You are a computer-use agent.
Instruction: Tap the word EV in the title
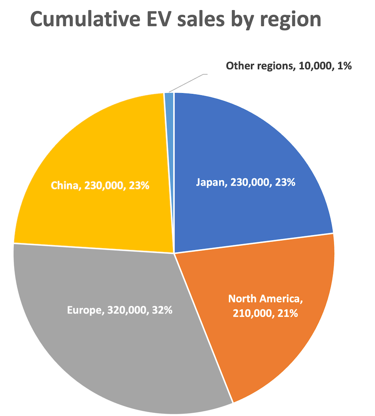tap(164, 20)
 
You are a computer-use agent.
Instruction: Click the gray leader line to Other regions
tap(189, 82)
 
